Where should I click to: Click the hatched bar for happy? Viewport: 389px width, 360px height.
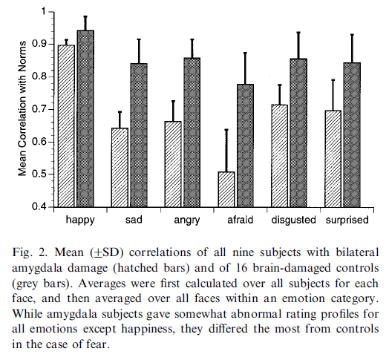pyautogui.click(x=67, y=125)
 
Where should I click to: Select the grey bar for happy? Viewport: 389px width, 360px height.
pyautogui.click(x=85, y=119)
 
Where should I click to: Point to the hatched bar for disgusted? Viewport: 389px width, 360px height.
pyautogui.click(x=280, y=156)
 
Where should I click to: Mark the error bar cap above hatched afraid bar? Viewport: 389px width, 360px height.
pyautogui.click(x=226, y=130)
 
